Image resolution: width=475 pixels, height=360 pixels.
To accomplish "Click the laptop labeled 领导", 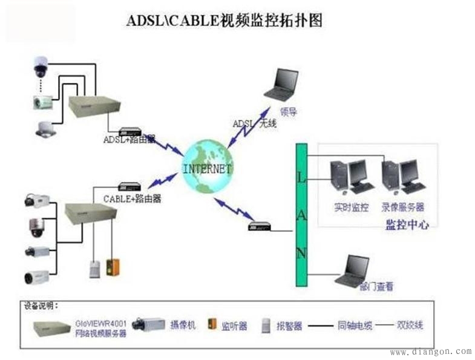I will (x=282, y=84).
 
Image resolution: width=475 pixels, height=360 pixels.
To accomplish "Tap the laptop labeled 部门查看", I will (x=353, y=270).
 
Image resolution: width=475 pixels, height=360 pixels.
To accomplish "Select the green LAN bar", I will (x=301, y=214).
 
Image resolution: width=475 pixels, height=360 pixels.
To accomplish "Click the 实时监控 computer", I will (x=349, y=176).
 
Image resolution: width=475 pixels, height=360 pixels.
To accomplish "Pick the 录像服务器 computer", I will (x=402, y=176).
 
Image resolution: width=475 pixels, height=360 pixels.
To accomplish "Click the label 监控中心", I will (x=407, y=224).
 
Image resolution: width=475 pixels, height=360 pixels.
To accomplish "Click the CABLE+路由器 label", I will (x=132, y=198).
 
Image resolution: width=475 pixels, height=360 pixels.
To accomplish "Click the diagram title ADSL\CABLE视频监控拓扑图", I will (x=224, y=21).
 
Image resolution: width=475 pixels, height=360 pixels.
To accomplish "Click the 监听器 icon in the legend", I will (x=212, y=324).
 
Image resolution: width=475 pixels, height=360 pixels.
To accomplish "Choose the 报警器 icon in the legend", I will (x=265, y=325).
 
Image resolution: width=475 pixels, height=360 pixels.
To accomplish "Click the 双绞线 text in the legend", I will (x=410, y=325).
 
